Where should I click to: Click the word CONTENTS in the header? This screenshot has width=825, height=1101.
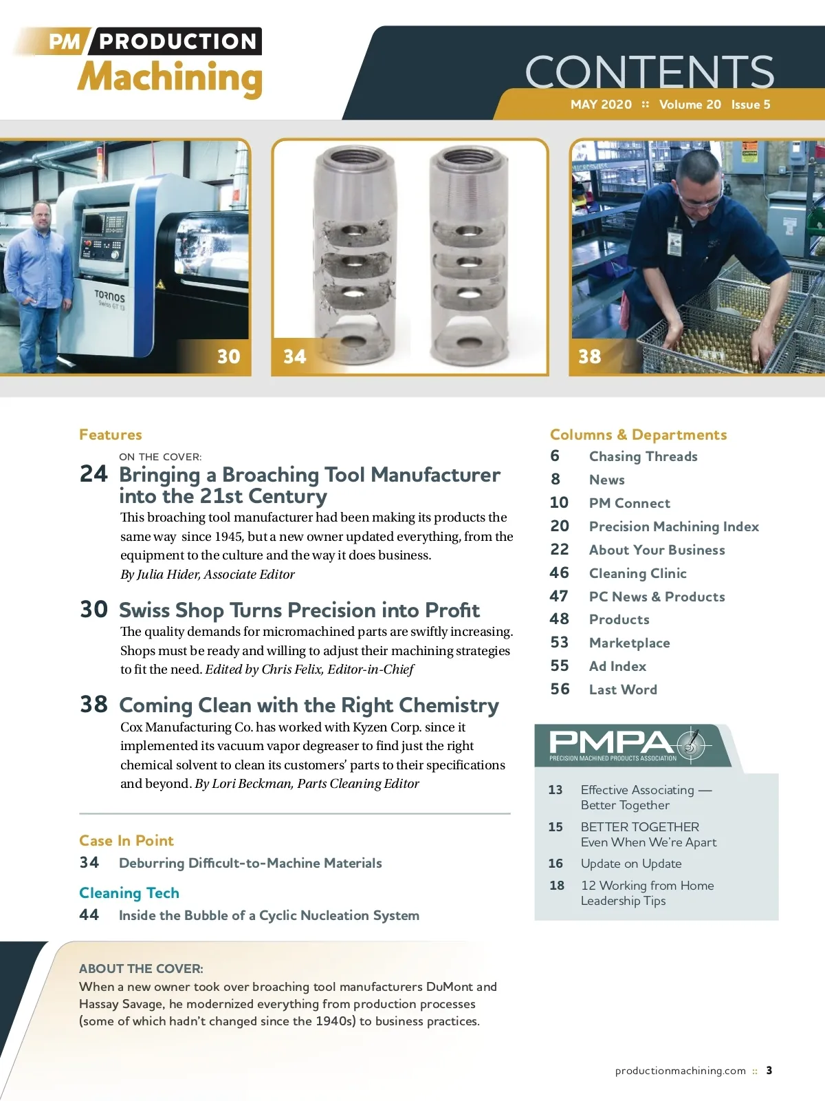(x=649, y=72)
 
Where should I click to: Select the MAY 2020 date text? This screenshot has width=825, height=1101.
(x=601, y=105)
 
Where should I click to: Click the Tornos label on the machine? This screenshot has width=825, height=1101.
(x=110, y=297)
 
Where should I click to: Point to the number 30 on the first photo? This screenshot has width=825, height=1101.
(x=228, y=356)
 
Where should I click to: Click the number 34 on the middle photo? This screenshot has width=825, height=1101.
(x=294, y=356)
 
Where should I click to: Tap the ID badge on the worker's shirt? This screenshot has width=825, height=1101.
(x=674, y=242)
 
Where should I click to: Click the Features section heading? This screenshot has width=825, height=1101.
(x=110, y=435)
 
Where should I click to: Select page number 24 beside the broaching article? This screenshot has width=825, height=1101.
(x=93, y=474)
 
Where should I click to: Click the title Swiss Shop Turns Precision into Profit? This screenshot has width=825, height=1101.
(x=299, y=610)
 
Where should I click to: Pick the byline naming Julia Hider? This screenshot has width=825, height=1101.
(x=207, y=575)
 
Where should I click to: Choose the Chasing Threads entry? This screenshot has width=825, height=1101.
(x=643, y=457)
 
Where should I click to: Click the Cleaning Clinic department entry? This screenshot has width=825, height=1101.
(x=637, y=573)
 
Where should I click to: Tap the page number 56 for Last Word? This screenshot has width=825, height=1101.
(x=560, y=690)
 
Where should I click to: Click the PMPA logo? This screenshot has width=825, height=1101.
(x=629, y=745)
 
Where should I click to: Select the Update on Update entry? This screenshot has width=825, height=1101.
(x=630, y=864)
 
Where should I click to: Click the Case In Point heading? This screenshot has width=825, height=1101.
(x=126, y=841)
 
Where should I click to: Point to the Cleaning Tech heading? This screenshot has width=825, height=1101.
(x=129, y=893)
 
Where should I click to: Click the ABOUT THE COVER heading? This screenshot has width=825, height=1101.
(x=141, y=969)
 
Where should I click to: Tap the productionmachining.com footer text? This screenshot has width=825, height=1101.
(x=680, y=1071)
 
